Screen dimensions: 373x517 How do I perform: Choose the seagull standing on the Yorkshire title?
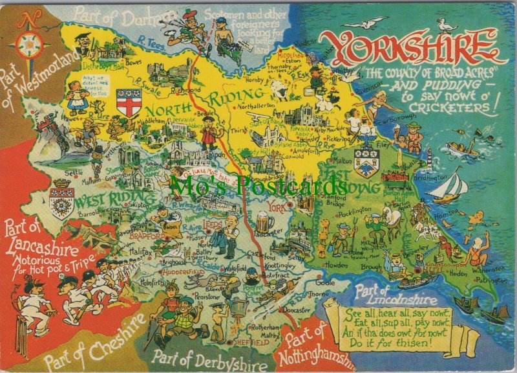pyautogui.click(x=447, y=25)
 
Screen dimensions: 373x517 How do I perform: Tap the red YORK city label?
pyautogui.click(x=279, y=208)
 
